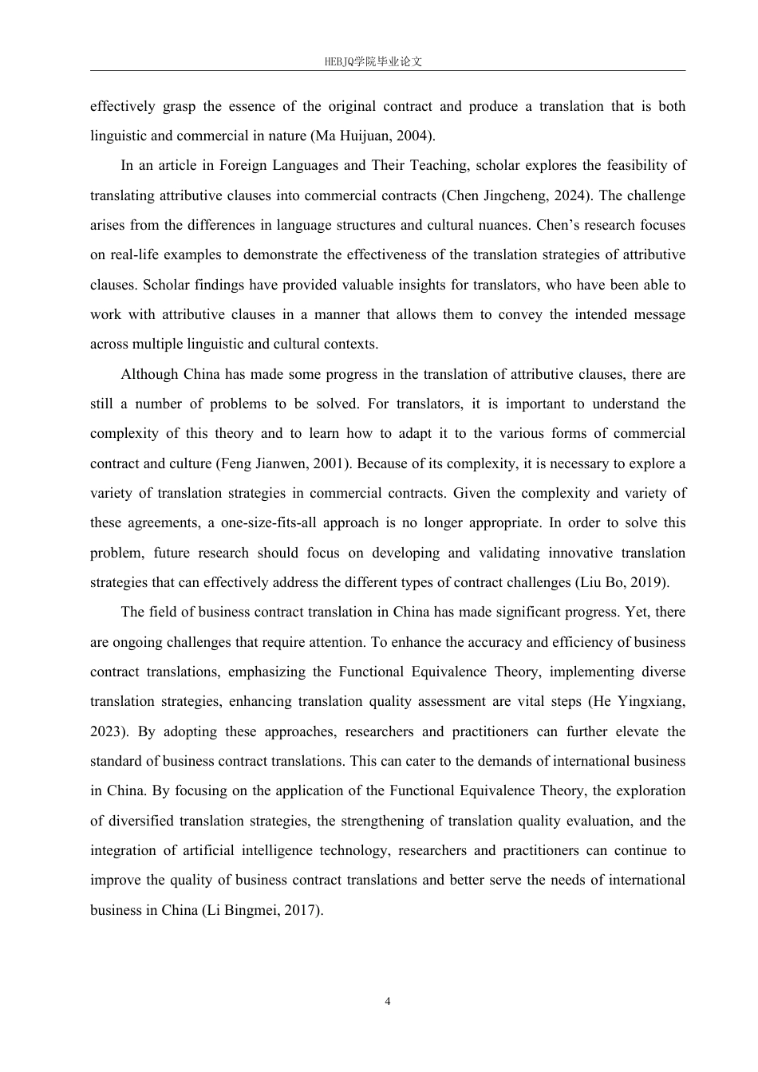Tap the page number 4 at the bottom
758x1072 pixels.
[388, 1002]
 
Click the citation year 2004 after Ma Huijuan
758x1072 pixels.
[414, 136]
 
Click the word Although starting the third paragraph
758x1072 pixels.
[150, 374]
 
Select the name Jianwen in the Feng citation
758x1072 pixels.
[281, 463]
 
